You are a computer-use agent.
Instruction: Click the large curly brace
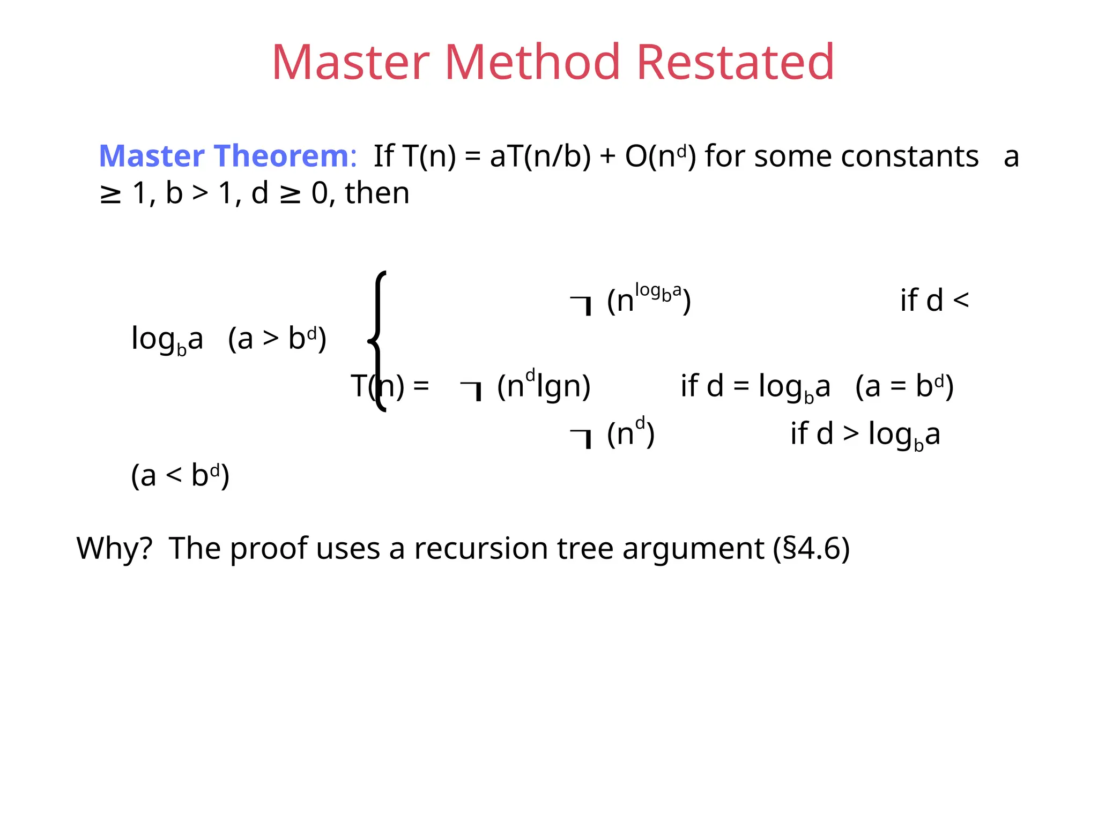click(x=377, y=341)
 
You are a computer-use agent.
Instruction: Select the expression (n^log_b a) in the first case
click(x=649, y=299)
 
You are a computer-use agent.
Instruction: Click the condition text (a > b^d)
click(x=277, y=339)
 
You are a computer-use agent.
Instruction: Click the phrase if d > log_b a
click(x=865, y=434)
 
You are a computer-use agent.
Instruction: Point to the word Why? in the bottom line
click(x=114, y=549)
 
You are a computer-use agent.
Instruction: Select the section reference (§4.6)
click(x=811, y=549)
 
